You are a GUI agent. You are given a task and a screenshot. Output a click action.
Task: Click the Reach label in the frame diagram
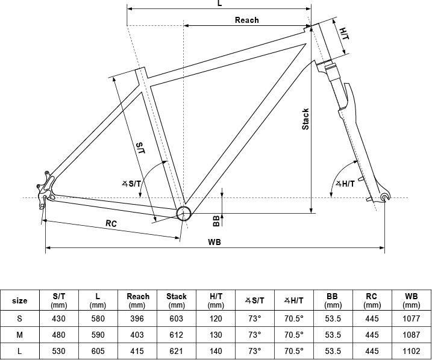tap(246, 20)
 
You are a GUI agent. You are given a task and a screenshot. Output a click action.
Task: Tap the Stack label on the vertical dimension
tap(305, 119)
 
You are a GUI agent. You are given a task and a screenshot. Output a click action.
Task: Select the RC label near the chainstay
tap(111, 223)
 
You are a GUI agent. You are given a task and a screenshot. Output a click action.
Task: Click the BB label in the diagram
tap(216, 220)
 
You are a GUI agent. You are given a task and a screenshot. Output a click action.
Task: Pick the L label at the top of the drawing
tap(219, 4)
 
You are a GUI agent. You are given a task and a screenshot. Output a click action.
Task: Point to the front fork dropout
tap(385, 197)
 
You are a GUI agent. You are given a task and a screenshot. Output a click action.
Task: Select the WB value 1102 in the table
tap(412, 351)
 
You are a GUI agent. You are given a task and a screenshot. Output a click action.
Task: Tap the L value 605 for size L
tap(97, 351)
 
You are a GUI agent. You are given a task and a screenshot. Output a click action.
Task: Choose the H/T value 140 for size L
tap(216, 351)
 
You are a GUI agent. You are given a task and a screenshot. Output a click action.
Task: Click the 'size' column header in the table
tap(20, 300)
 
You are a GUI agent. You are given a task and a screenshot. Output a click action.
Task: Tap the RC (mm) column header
tap(372, 300)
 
